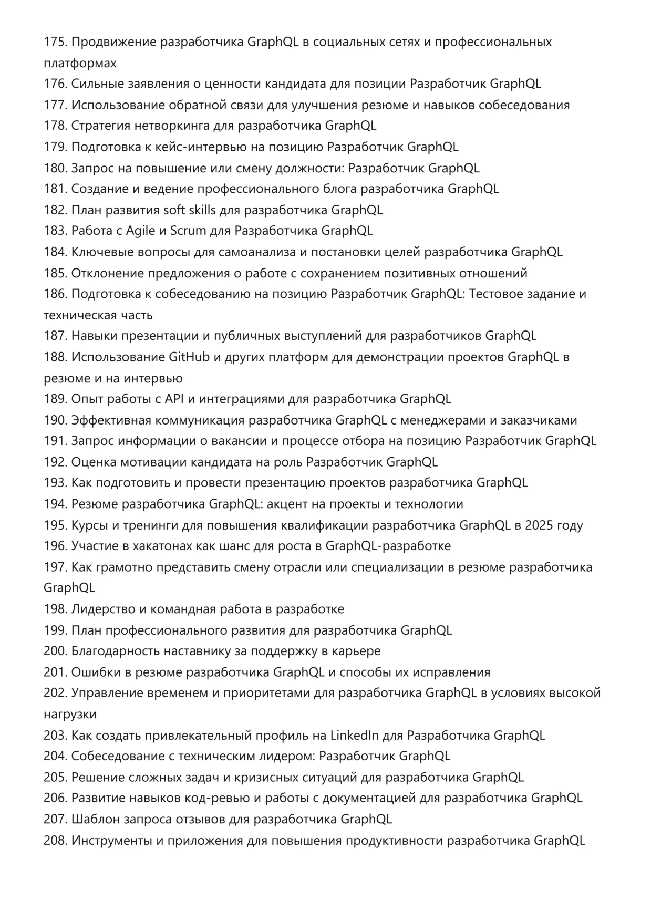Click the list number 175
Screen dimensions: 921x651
(x=55, y=42)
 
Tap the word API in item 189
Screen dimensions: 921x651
(x=173, y=399)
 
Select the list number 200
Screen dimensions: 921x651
(x=55, y=651)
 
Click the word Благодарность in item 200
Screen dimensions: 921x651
(x=115, y=651)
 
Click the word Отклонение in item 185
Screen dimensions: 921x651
(x=107, y=273)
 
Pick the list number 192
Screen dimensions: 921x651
(x=55, y=462)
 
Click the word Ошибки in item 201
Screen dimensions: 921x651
(x=91, y=672)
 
